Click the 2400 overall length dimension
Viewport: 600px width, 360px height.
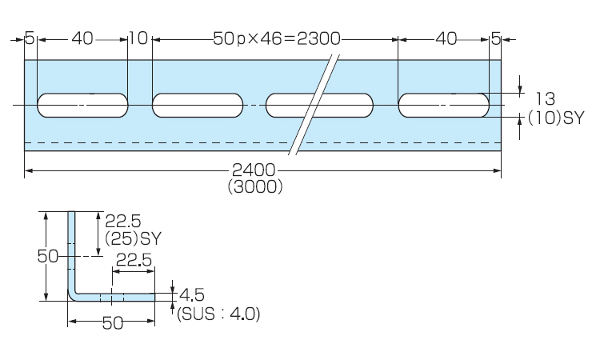pyautogui.click(x=254, y=170)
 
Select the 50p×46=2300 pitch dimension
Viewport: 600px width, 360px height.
pyautogui.click(x=278, y=38)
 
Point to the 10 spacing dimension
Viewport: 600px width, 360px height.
pyautogui.click(x=138, y=38)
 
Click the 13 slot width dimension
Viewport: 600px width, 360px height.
pyautogui.click(x=545, y=99)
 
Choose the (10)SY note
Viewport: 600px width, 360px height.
pyautogui.click(x=557, y=118)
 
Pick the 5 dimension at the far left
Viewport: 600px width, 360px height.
pyautogui.click(x=30, y=38)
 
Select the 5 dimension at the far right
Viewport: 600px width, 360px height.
pyautogui.click(x=495, y=38)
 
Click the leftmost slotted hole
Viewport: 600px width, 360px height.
pyautogui.click(x=82, y=106)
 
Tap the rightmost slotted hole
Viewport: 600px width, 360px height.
pyautogui.click(x=445, y=106)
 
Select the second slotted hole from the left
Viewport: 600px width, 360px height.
pyautogui.click(x=198, y=106)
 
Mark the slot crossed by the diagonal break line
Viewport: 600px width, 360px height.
pyautogui.click(x=319, y=106)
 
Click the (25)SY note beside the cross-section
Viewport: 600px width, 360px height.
pyautogui.click(x=134, y=238)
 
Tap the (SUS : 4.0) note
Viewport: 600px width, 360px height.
pyautogui.click(x=218, y=314)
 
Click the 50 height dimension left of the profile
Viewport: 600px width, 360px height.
pyautogui.click(x=48, y=256)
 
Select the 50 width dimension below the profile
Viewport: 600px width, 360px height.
pyautogui.click(x=111, y=322)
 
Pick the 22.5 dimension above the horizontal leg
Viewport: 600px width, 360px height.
pyautogui.click(x=133, y=260)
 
